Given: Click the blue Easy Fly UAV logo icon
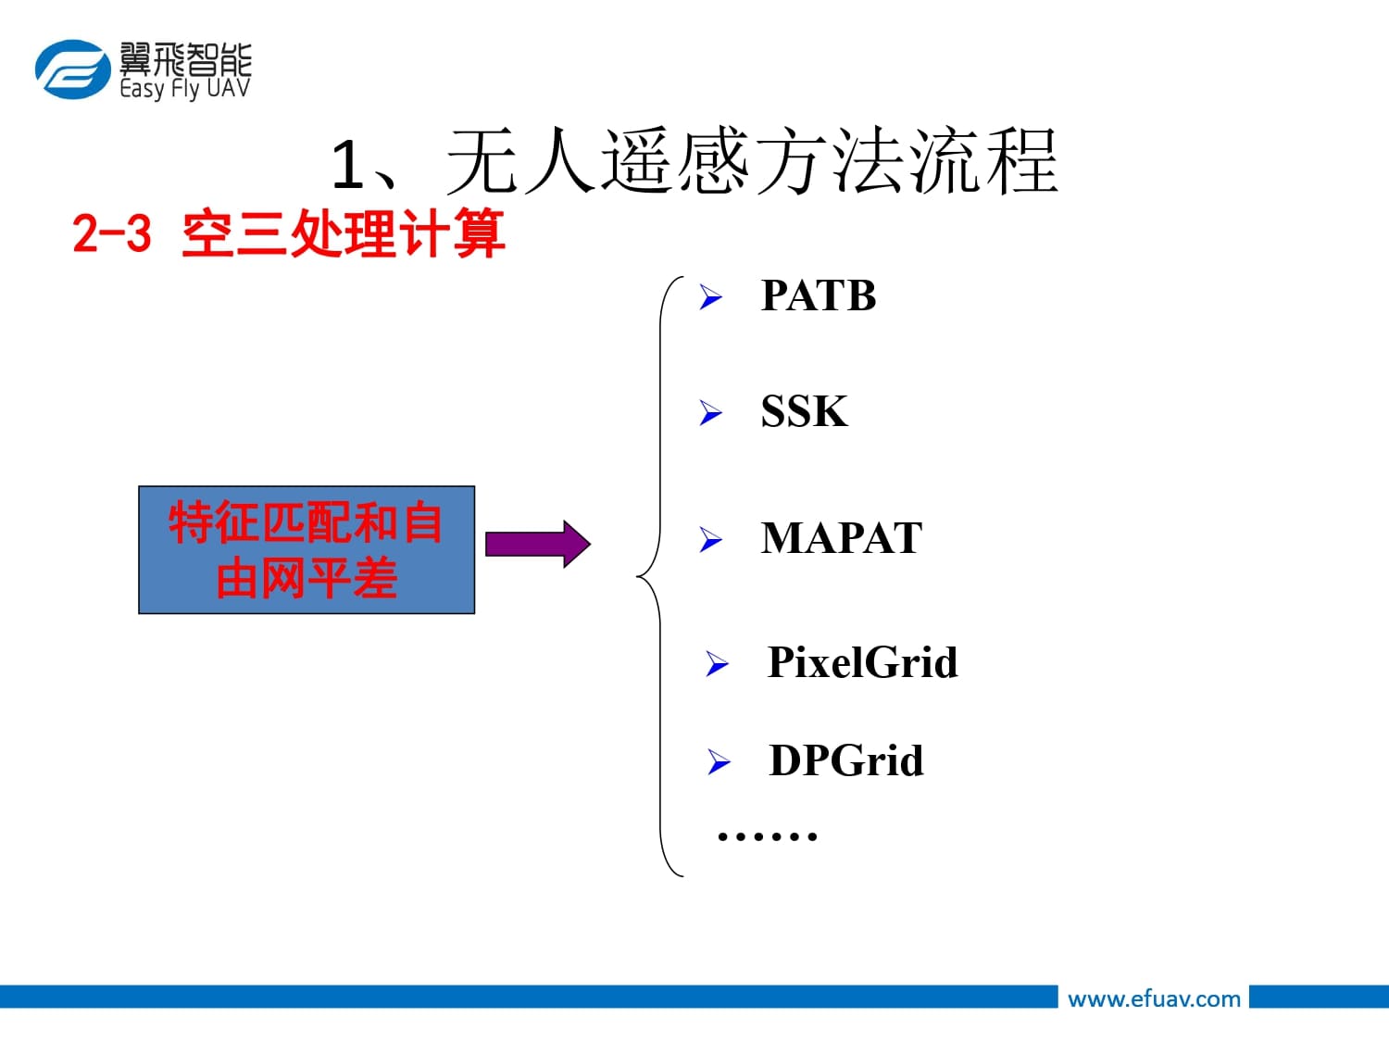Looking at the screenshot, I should click(71, 69).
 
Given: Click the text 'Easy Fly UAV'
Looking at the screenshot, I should click(185, 89).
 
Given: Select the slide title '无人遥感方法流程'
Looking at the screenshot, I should click(751, 163).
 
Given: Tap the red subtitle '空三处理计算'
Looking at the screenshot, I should click(344, 232).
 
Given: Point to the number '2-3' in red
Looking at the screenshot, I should click(112, 232).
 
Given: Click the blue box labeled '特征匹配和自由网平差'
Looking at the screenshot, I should click(307, 550).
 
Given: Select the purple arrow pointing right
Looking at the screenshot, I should click(537, 544).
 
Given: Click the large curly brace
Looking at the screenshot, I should click(660, 576).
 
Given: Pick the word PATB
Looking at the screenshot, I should click(819, 296).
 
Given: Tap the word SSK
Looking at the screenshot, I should click(804, 411).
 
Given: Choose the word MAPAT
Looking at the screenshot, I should click(842, 538).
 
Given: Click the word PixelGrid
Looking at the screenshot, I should click(862, 663).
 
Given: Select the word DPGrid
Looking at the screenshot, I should click(846, 761).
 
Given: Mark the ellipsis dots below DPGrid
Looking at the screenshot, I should click(767, 836).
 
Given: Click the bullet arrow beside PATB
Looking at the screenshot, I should click(710, 297).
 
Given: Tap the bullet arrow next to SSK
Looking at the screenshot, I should click(710, 412).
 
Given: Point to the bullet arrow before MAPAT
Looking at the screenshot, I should click(710, 539).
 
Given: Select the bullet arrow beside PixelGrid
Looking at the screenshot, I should click(717, 664).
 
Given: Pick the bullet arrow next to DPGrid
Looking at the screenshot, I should click(719, 762).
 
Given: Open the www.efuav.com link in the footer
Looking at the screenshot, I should click(1154, 998).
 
